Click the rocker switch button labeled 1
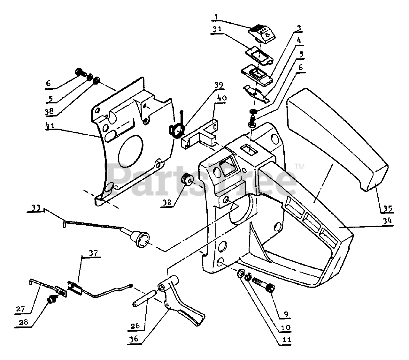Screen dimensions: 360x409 [262, 33]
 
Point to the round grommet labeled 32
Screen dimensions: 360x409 [187, 180]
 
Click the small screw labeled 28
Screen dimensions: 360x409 [50, 300]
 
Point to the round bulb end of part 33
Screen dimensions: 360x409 [142, 240]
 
